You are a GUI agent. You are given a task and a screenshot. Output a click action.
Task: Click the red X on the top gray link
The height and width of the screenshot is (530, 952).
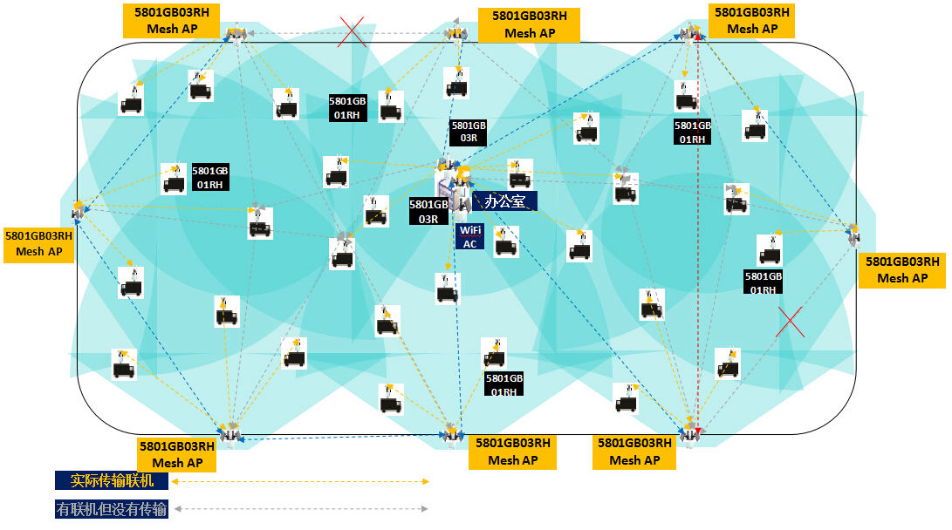tap(352, 32)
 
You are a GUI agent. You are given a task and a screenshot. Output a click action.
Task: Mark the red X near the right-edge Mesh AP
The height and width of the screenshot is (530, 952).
tap(790, 322)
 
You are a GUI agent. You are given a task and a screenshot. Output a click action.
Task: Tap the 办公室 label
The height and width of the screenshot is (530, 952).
tap(504, 201)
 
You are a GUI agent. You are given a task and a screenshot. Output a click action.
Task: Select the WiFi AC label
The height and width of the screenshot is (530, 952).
tap(470, 237)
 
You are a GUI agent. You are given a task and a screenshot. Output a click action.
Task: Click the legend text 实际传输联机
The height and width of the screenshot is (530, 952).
tap(112, 480)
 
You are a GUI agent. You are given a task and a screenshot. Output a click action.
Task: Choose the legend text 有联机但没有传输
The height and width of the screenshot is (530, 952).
tap(112, 509)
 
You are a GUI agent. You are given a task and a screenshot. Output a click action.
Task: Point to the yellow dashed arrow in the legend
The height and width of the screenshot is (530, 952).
tap(301, 481)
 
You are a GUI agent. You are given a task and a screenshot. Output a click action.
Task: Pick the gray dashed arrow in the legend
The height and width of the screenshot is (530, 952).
tap(301, 509)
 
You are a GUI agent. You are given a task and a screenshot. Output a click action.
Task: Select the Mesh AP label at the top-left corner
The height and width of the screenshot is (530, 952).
tap(171, 21)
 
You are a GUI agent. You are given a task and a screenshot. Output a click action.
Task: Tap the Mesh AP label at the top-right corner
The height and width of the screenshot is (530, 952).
tap(751, 21)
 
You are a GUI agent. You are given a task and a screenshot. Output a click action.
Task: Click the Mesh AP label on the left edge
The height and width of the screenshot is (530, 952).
tap(38, 243)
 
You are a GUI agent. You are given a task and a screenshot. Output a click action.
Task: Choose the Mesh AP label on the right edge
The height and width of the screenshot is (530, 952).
tap(902, 269)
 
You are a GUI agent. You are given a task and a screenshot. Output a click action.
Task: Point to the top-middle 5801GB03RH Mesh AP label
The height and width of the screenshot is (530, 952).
tap(530, 24)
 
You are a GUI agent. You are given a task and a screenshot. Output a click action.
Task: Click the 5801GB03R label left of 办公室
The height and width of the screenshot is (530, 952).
tap(428, 212)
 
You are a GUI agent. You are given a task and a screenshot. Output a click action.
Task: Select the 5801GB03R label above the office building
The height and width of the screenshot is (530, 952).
tap(469, 132)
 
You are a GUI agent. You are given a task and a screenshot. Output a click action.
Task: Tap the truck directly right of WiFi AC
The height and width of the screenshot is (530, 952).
tap(505, 241)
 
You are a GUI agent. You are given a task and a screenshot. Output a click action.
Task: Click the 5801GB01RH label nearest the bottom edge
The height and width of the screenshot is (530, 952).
tap(503, 384)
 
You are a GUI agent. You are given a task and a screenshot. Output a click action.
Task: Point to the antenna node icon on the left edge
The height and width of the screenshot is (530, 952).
tap(78, 209)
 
